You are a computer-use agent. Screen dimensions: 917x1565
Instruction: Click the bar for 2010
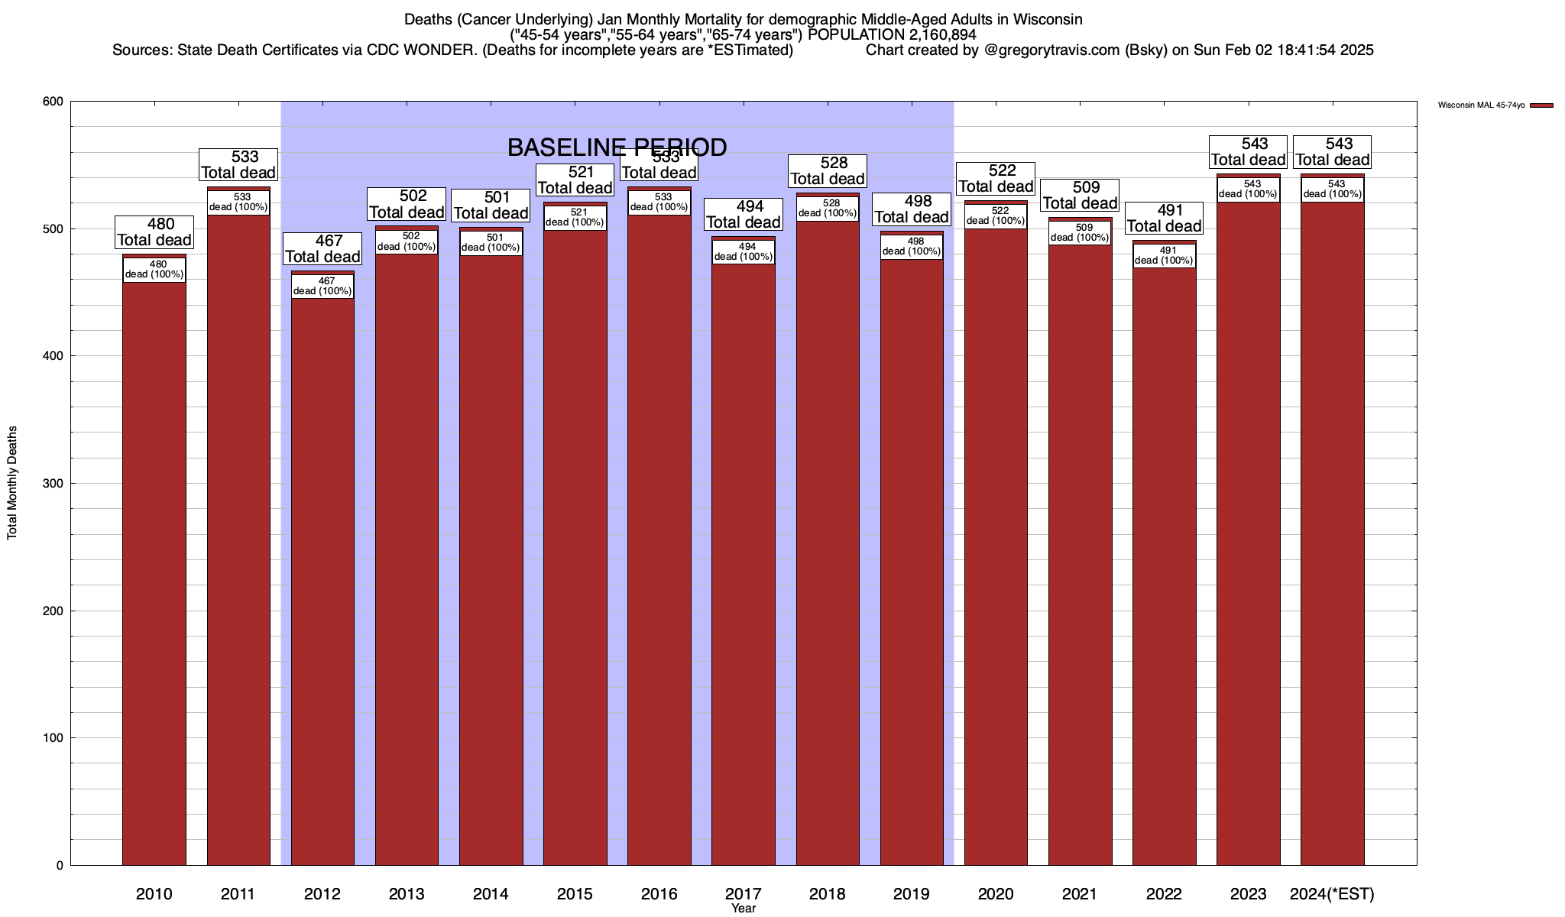click(x=154, y=573)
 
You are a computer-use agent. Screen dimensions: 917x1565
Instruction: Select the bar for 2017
click(x=743, y=565)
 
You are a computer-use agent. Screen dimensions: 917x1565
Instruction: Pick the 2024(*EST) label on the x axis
click(x=1332, y=894)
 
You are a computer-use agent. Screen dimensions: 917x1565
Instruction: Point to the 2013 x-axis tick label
click(x=407, y=894)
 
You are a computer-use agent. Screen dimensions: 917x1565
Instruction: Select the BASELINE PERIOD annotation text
click(x=617, y=147)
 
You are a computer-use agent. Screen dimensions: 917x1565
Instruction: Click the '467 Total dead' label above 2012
click(x=322, y=248)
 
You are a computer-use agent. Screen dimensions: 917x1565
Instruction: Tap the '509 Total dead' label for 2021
click(x=1080, y=195)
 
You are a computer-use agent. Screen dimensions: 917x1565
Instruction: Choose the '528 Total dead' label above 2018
click(x=828, y=171)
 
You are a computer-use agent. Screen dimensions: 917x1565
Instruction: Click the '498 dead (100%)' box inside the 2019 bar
click(x=912, y=247)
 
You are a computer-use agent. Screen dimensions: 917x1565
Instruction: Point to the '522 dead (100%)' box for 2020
click(x=996, y=216)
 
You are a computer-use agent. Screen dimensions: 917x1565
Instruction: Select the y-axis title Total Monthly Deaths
click(x=12, y=483)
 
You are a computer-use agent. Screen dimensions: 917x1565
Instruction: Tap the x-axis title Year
click(x=743, y=909)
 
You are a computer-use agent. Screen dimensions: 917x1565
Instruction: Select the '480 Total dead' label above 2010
click(x=154, y=232)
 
